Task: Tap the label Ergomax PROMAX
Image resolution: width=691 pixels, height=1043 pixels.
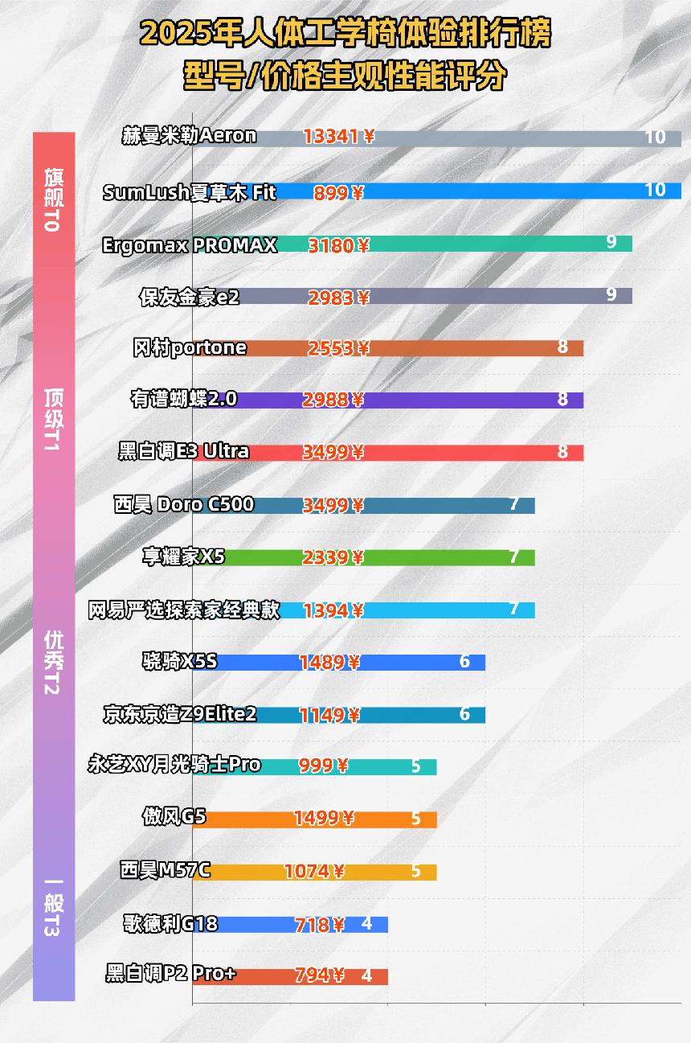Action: coord(190,245)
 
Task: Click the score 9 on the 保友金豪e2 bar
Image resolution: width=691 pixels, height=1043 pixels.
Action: coord(611,294)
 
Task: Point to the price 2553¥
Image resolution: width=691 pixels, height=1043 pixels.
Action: coord(338,348)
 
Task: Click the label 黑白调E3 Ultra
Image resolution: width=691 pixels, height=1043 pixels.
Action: coord(184,452)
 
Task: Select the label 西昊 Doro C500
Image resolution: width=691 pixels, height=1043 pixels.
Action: coord(185,505)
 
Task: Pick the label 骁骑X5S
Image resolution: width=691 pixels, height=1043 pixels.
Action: coord(178,662)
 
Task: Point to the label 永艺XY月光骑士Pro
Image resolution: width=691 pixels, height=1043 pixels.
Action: coord(174,765)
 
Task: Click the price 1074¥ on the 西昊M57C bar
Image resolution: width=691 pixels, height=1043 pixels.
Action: coord(314,872)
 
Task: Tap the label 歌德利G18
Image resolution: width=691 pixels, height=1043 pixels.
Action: coord(170,924)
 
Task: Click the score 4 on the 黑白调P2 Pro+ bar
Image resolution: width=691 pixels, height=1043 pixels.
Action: coord(366,976)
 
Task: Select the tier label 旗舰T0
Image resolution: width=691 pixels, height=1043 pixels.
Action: coord(53,199)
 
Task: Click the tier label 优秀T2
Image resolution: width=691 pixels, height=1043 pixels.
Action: coord(53,662)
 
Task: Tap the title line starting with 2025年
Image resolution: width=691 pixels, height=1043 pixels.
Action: coord(345,35)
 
